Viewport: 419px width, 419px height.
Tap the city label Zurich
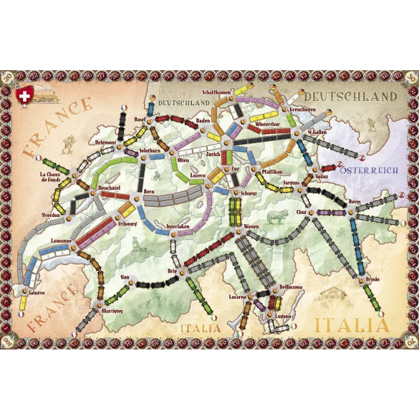(x=213, y=153)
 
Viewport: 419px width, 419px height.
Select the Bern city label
(x=149, y=193)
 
